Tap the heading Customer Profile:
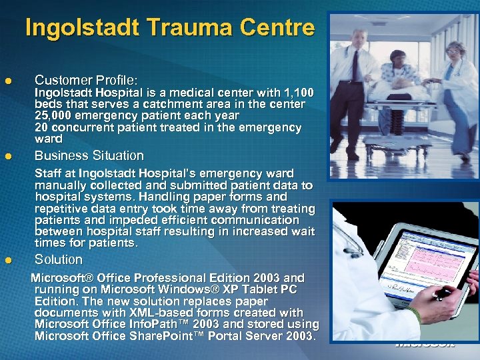pyautogui.click(x=86, y=79)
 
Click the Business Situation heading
pyautogui.click(x=89, y=155)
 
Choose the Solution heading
pyautogui.click(x=58, y=259)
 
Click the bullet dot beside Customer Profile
pyautogui.click(x=8, y=81)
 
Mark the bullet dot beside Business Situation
pyautogui.click(x=8, y=157)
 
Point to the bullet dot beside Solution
pyautogui.click(x=8, y=261)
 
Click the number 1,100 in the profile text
pyautogui.click(x=297, y=93)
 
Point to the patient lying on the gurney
pyautogui.click(x=407, y=83)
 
